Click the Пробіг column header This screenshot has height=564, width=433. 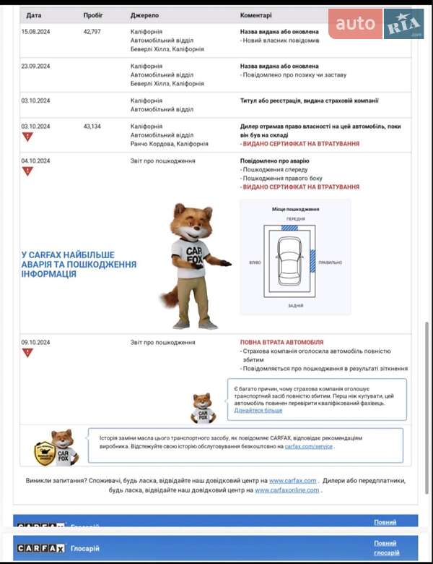92,14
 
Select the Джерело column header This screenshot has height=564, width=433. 144,14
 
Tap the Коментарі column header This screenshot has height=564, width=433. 255,14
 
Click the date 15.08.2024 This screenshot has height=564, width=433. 35,32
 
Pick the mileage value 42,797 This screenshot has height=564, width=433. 92,32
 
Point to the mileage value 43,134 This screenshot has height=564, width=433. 92,127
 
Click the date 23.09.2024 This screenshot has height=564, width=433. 35,66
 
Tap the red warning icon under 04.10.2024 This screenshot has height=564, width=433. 27,171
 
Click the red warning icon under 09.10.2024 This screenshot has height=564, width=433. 27,353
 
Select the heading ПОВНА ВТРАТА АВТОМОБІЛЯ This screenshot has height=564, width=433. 281,343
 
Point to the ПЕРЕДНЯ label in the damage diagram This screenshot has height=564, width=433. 295,218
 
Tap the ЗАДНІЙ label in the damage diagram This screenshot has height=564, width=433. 295,306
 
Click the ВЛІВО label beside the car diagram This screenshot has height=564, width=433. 255,262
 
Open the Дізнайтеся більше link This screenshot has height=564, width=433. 258,411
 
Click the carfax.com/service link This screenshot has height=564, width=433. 308,447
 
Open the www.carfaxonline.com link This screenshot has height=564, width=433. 287,490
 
